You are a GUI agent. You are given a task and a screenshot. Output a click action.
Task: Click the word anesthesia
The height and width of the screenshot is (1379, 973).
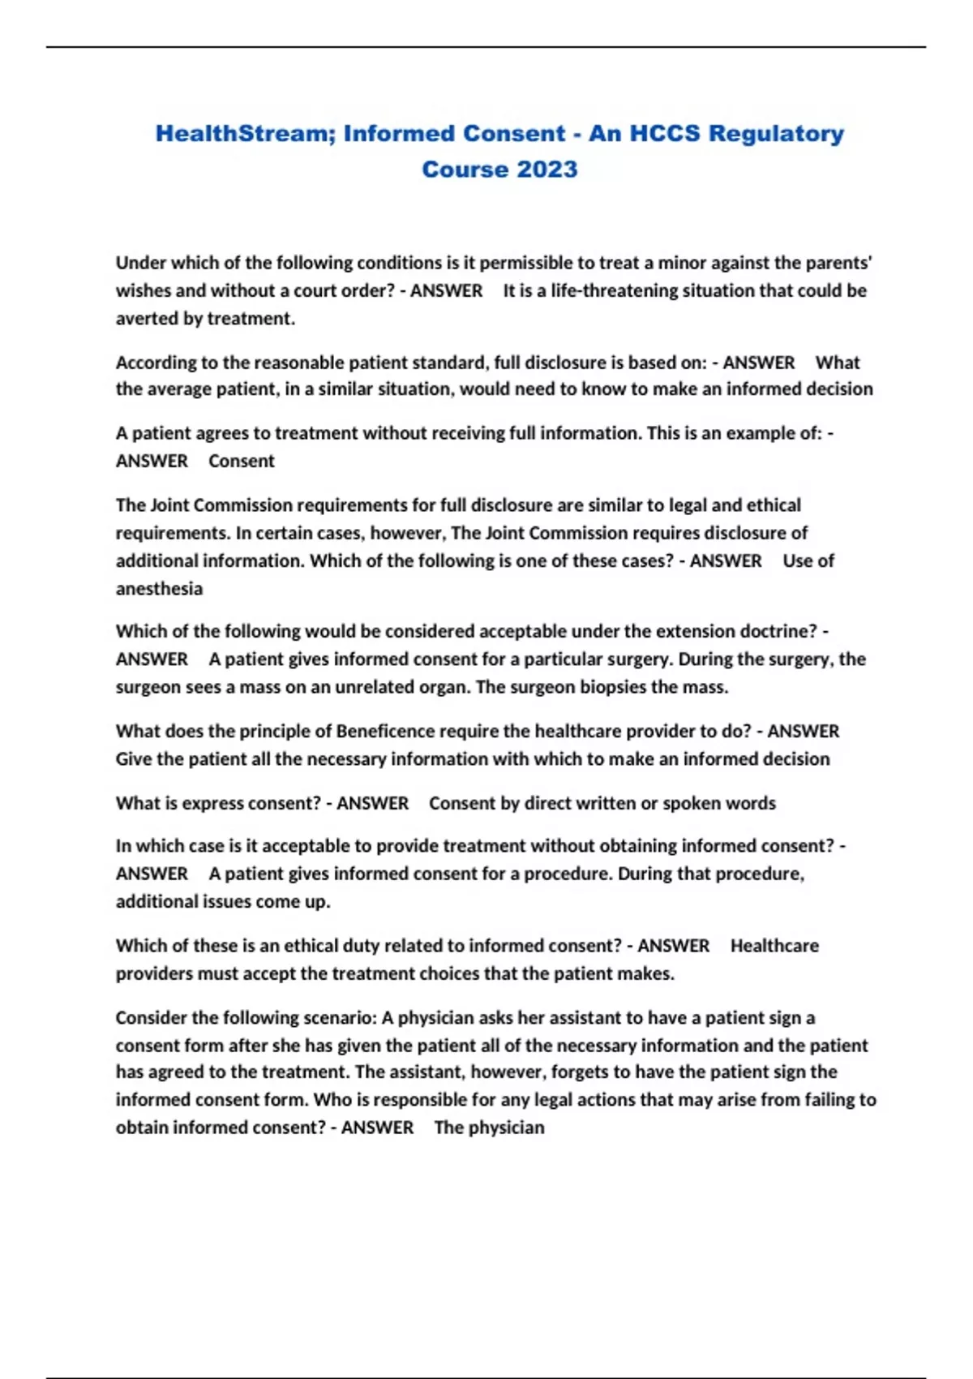point(159,588)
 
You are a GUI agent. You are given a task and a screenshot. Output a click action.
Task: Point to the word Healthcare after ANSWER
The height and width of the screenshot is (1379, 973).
point(774,946)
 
